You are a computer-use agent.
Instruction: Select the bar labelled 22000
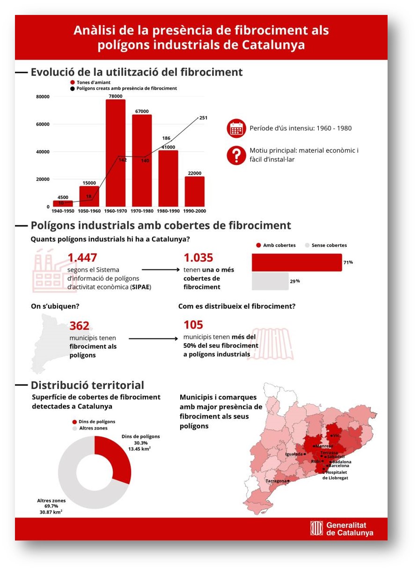pos(194,192)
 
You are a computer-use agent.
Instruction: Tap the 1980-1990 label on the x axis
pos(168,211)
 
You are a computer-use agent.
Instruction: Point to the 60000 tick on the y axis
pos(43,124)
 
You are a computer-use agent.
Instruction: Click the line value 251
pos(203,118)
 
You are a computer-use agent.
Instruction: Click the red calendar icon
pos(236,128)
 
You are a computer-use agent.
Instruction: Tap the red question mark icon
pos(236,155)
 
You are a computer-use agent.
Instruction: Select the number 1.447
pos(82,258)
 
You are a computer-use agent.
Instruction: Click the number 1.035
pos(198,258)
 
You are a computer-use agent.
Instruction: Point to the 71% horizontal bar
pos(297,262)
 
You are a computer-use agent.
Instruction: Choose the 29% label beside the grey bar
pos(294,281)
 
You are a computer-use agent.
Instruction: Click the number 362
pos(79,326)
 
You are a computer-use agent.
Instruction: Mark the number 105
pos(193,325)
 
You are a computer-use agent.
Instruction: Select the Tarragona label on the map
pos(276,481)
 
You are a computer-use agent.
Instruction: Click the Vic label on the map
pos(335,435)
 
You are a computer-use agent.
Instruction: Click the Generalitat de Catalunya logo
pos(342,528)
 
